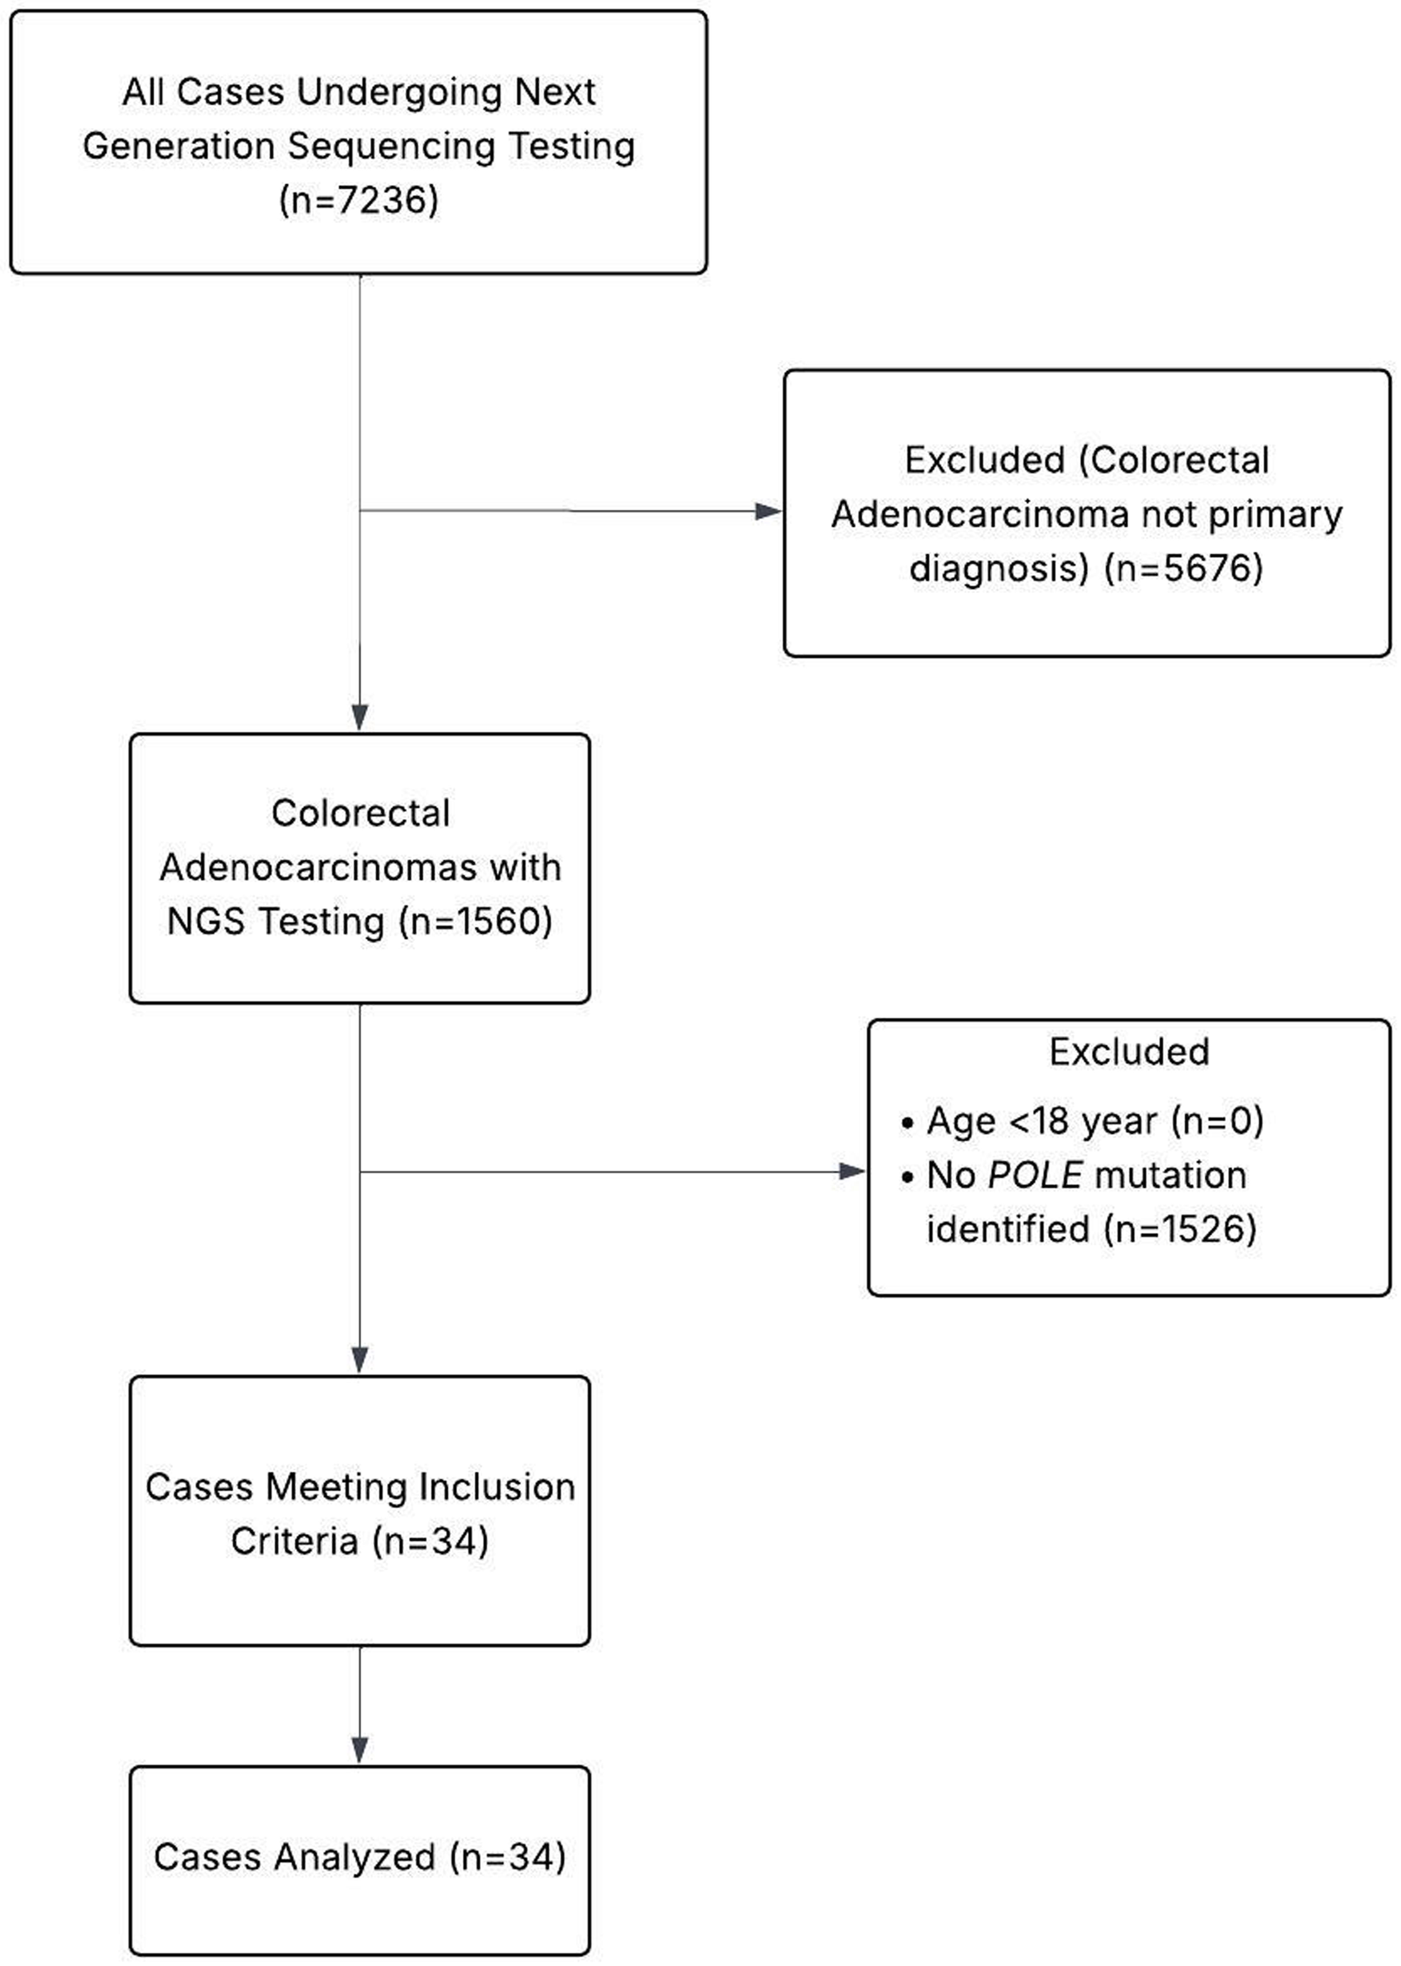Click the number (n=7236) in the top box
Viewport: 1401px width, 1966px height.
[x=359, y=200]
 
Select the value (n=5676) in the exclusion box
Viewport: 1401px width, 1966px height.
[x=1184, y=568]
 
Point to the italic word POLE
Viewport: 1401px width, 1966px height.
[x=1034, y=1175]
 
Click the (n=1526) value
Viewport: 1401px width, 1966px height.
[x=1180, y=1229]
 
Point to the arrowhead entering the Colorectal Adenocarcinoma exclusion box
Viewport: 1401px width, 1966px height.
[x=768, y=512]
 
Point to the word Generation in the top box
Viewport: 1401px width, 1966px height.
[x=179, y=146]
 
